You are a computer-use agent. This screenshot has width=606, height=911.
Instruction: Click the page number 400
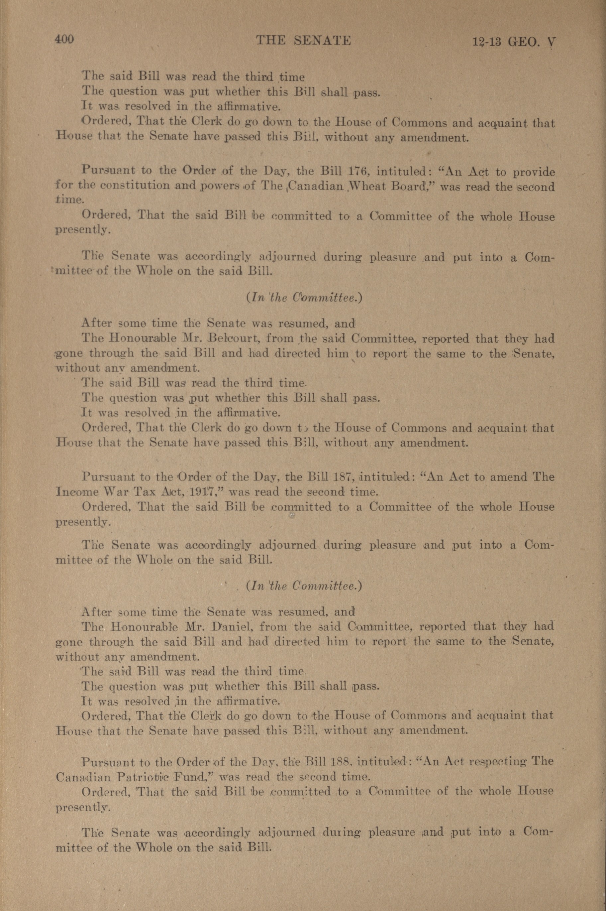click(64, 40)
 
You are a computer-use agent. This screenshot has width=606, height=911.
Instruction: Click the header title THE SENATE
click(304, 41)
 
